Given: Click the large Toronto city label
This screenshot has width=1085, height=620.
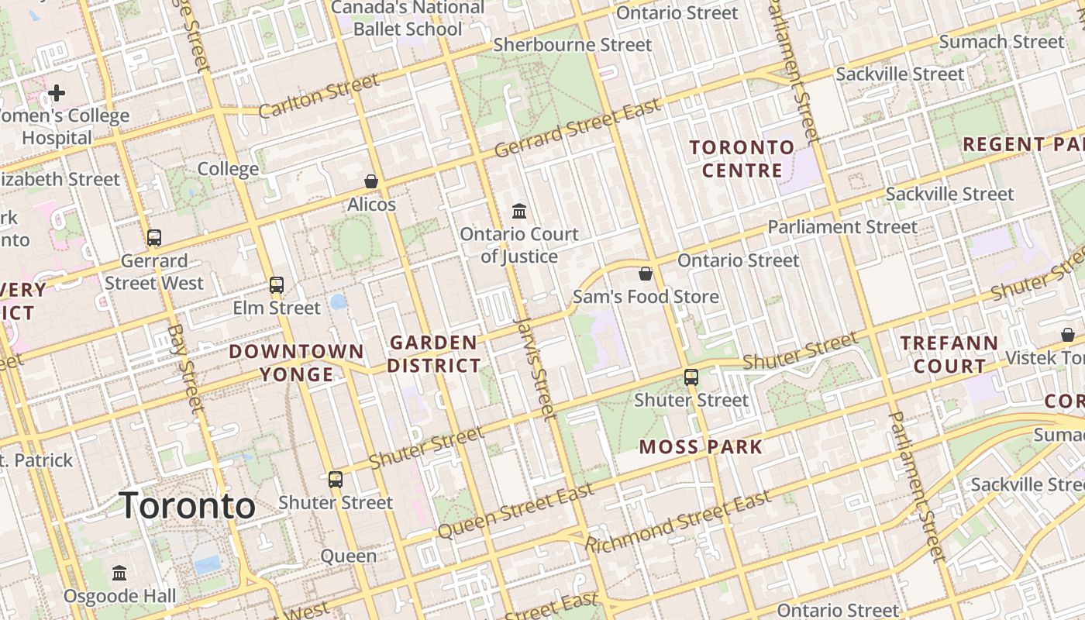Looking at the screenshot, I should click(x=188, y=506).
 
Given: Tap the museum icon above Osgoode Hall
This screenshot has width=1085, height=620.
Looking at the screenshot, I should click(x=119, y=573).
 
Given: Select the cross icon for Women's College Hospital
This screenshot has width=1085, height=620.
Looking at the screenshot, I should click(x=57, y=94).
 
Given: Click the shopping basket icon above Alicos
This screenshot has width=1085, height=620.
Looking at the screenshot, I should click(x=371, y=181).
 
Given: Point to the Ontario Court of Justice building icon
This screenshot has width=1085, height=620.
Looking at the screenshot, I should click(x=519, y=211).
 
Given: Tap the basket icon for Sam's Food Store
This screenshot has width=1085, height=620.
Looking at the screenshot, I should click(x=645, y=274).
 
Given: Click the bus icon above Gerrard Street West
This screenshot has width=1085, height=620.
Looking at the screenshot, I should click(x=154, y=238).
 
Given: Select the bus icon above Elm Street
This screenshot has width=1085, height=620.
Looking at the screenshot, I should click(x=277, y=285).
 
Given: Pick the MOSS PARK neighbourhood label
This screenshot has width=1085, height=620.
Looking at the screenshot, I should click(x=701, y=446).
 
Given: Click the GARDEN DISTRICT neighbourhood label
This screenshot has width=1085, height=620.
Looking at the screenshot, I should click(x=434, y=353).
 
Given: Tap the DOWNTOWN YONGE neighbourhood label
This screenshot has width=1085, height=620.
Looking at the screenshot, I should click(x=296, y=363).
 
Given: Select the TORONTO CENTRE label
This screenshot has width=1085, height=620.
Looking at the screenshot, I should click(x=742, y=159).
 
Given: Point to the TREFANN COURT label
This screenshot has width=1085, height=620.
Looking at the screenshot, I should click(x=949, y=353).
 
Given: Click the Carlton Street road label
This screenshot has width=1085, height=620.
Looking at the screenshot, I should click(x=319, y=95).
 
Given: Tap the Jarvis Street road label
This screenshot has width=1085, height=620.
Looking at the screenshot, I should click(x=535, y=367).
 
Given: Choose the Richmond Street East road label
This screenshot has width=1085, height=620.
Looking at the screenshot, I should click(x=678, y=521).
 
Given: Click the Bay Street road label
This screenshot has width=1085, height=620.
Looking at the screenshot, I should click(x=185, y=368).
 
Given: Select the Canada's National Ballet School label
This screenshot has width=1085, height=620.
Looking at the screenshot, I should click(x=408, y=19).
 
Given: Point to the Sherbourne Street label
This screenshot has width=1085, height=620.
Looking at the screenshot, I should click(x=573, y=45).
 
